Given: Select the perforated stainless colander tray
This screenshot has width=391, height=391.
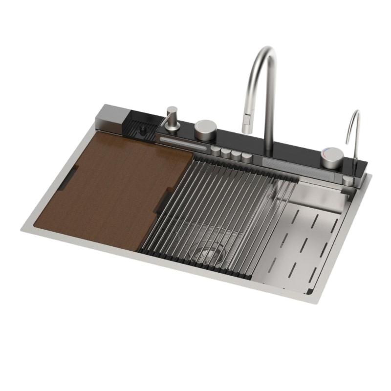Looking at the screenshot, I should tap(303, 235).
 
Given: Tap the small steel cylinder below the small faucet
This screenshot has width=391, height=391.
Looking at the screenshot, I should tap(348, 181).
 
